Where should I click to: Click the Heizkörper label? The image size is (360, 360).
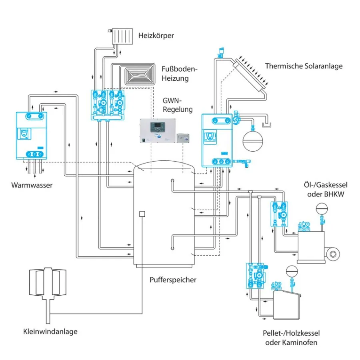(156, 36)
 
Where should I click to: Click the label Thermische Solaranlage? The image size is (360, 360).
(304, 66)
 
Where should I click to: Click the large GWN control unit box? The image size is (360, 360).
(157, 131)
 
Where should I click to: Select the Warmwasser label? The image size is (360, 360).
(32, 186)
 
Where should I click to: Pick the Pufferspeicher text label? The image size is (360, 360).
(173, 280)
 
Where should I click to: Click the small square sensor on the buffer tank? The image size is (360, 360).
(141, 214)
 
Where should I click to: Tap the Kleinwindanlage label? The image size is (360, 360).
(50, 331)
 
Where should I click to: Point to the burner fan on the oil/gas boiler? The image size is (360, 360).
(333, 253)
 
